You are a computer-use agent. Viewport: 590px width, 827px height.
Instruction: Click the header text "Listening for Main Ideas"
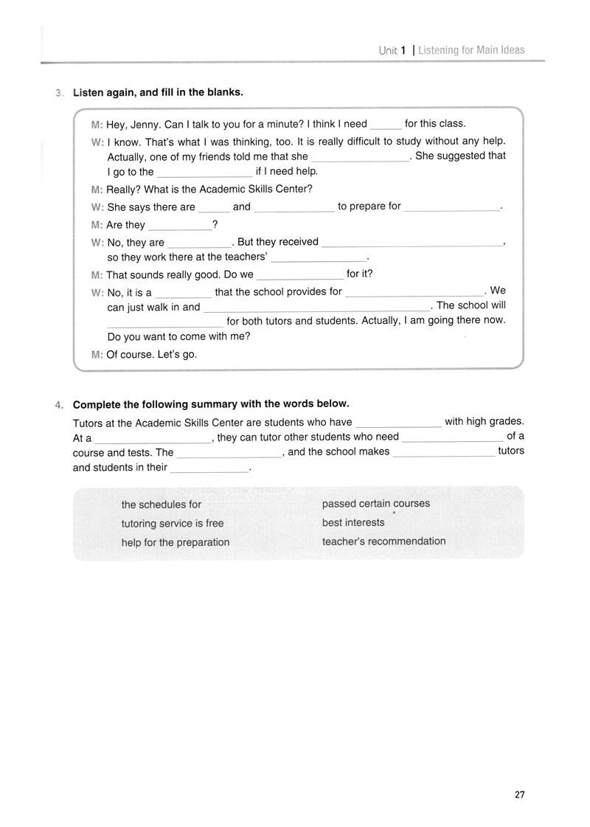pyautogui.click(x=471, y=50)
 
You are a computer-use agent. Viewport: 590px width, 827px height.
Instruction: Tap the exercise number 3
pyautogui.click(x=58, y=93)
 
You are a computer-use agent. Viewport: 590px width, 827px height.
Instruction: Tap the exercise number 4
pyautogui.click(x=58, y=404)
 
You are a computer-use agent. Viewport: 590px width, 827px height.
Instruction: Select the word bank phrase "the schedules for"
pyautogui.click(x=162, y=505)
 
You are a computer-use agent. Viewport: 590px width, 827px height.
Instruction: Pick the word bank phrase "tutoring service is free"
pyautogui.click(x=173, y=523)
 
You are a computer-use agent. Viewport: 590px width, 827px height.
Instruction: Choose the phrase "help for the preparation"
pyautogui.click(x=176, y=542)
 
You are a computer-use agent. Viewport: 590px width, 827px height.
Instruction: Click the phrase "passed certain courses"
pyautogui.click(x=376, y=504)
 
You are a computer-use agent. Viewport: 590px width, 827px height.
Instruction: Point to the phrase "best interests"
pyautogui.click(x=353, y=522)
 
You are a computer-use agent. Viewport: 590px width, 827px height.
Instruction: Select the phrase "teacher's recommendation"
pyautogui.click(x=384, y=541)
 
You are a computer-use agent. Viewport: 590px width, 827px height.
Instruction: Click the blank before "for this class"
pyautogui.click(x=386, y=125)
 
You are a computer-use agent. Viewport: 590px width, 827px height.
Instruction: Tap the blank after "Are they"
pyautogui.click(x=179, y=226)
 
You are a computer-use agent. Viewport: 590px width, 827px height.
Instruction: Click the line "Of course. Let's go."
pyautogui.click(x=152, y=354)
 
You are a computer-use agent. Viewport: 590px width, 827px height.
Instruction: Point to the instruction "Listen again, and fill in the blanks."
pyautogui.click(x=158, y=93)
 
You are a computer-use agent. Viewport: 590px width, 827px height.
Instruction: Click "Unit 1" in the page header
pyautogui.click(x=393, y=50)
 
